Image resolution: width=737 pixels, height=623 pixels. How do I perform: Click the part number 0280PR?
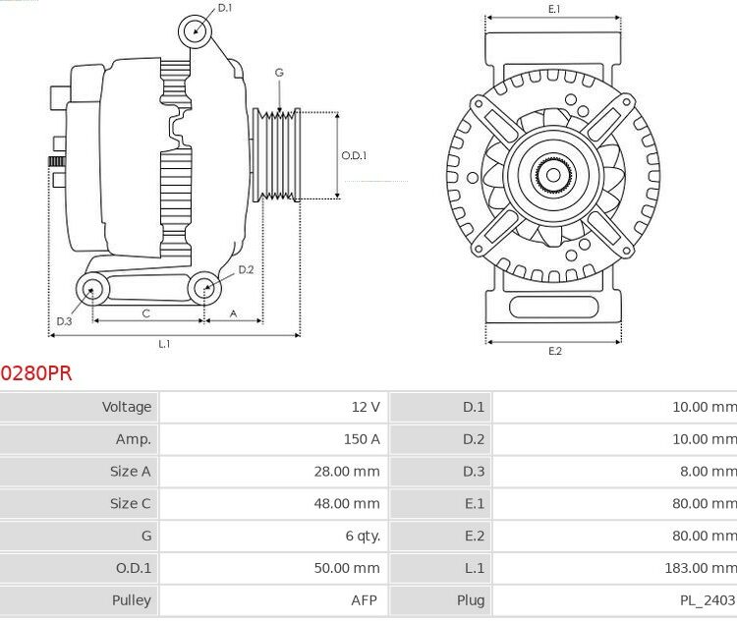pyautogui.click(x=36, y=373)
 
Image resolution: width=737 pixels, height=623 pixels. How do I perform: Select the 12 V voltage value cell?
pyautogui.click(x=365, y=407)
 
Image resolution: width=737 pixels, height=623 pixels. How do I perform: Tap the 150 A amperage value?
pyautogui.click(x=362, y=439)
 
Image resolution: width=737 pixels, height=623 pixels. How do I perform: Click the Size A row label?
pyautogui.click(x=130, y=472)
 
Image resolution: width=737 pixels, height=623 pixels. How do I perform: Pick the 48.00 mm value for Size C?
pyautogui.click(x=346, y=504)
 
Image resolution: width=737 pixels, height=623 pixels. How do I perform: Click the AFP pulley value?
pyautogui.click(x=364, y=600)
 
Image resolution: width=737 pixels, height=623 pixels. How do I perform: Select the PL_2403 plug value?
pyautogui.click(x=706, y=600)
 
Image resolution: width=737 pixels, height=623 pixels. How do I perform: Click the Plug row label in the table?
pyautogui.click(x=471, y=600)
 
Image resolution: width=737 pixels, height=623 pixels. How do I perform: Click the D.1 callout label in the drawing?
pyautogui.click(x=225, y=8)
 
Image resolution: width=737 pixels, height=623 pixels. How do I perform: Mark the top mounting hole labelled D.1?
pyautogui.click(x=196, y=31)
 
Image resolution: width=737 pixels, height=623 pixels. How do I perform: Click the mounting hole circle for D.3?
pyautogui.click(x=93, y=288)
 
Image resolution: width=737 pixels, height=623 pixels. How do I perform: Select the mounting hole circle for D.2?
pyautogui.click(x=204, y=288)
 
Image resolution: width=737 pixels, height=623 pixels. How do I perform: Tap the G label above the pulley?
pyautogui.click(x=279, y=73)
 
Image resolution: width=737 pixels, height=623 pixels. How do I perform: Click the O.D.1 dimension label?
pyautogui.click(x=354, y=155)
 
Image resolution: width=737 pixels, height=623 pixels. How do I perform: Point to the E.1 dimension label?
pyautogui.click(x=553, y=9)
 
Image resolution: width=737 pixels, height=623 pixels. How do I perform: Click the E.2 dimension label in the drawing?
pyautogui.click(x=554, y=352)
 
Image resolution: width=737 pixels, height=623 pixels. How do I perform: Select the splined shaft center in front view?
pyautogui.click(x=553, y=177)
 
